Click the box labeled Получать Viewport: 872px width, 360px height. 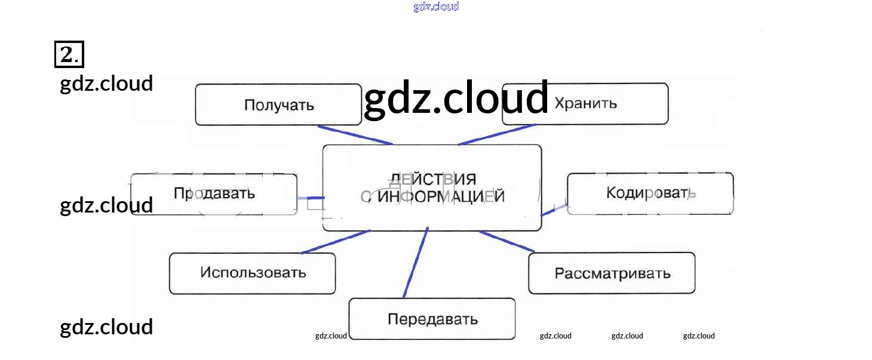point(278,104)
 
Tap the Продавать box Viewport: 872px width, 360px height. point(214,194)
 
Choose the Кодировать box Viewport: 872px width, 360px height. point(650,193)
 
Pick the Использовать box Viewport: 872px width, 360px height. point(252,273)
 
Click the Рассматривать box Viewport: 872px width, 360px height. point(612,273)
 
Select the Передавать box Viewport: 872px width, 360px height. point(432,319)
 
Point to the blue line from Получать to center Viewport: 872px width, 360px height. point(355,135)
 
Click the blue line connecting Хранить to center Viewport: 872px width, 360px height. point(497,134)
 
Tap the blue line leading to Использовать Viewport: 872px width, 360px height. point(336,242)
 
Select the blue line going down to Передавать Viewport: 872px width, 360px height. point(416,263)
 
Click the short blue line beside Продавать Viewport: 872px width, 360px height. point(311,198)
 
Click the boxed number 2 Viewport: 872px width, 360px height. point(69,55)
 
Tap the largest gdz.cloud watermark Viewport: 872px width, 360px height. point(456,98)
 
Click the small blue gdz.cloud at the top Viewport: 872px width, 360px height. point(436,7)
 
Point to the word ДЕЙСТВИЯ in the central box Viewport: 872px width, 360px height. point(432,180)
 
